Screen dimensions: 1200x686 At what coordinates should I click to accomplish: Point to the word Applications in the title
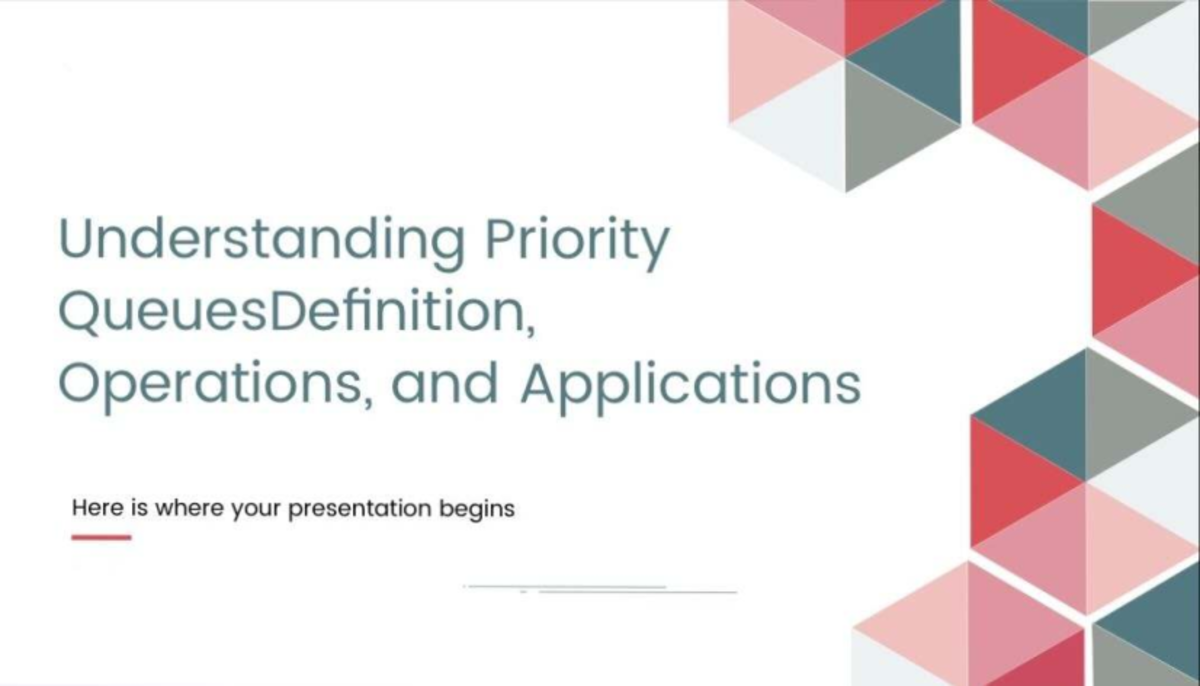[x=691, y=386]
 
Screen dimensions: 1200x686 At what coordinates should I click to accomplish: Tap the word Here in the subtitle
[x=96, y=508]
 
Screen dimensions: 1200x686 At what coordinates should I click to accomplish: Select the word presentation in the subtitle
[x=359, y=509]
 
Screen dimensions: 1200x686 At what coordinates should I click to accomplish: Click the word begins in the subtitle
[x=477, y=509]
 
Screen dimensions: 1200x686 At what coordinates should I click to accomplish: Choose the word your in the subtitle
[x=256, y=510]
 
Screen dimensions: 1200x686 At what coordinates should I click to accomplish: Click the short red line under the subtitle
[x=101, y=537]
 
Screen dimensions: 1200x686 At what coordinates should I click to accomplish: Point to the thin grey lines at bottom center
[x=600, y=589]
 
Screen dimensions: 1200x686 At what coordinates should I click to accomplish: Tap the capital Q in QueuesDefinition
[x=80, y=313]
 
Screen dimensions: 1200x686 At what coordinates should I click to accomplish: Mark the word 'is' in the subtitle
[x=139, y=508]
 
